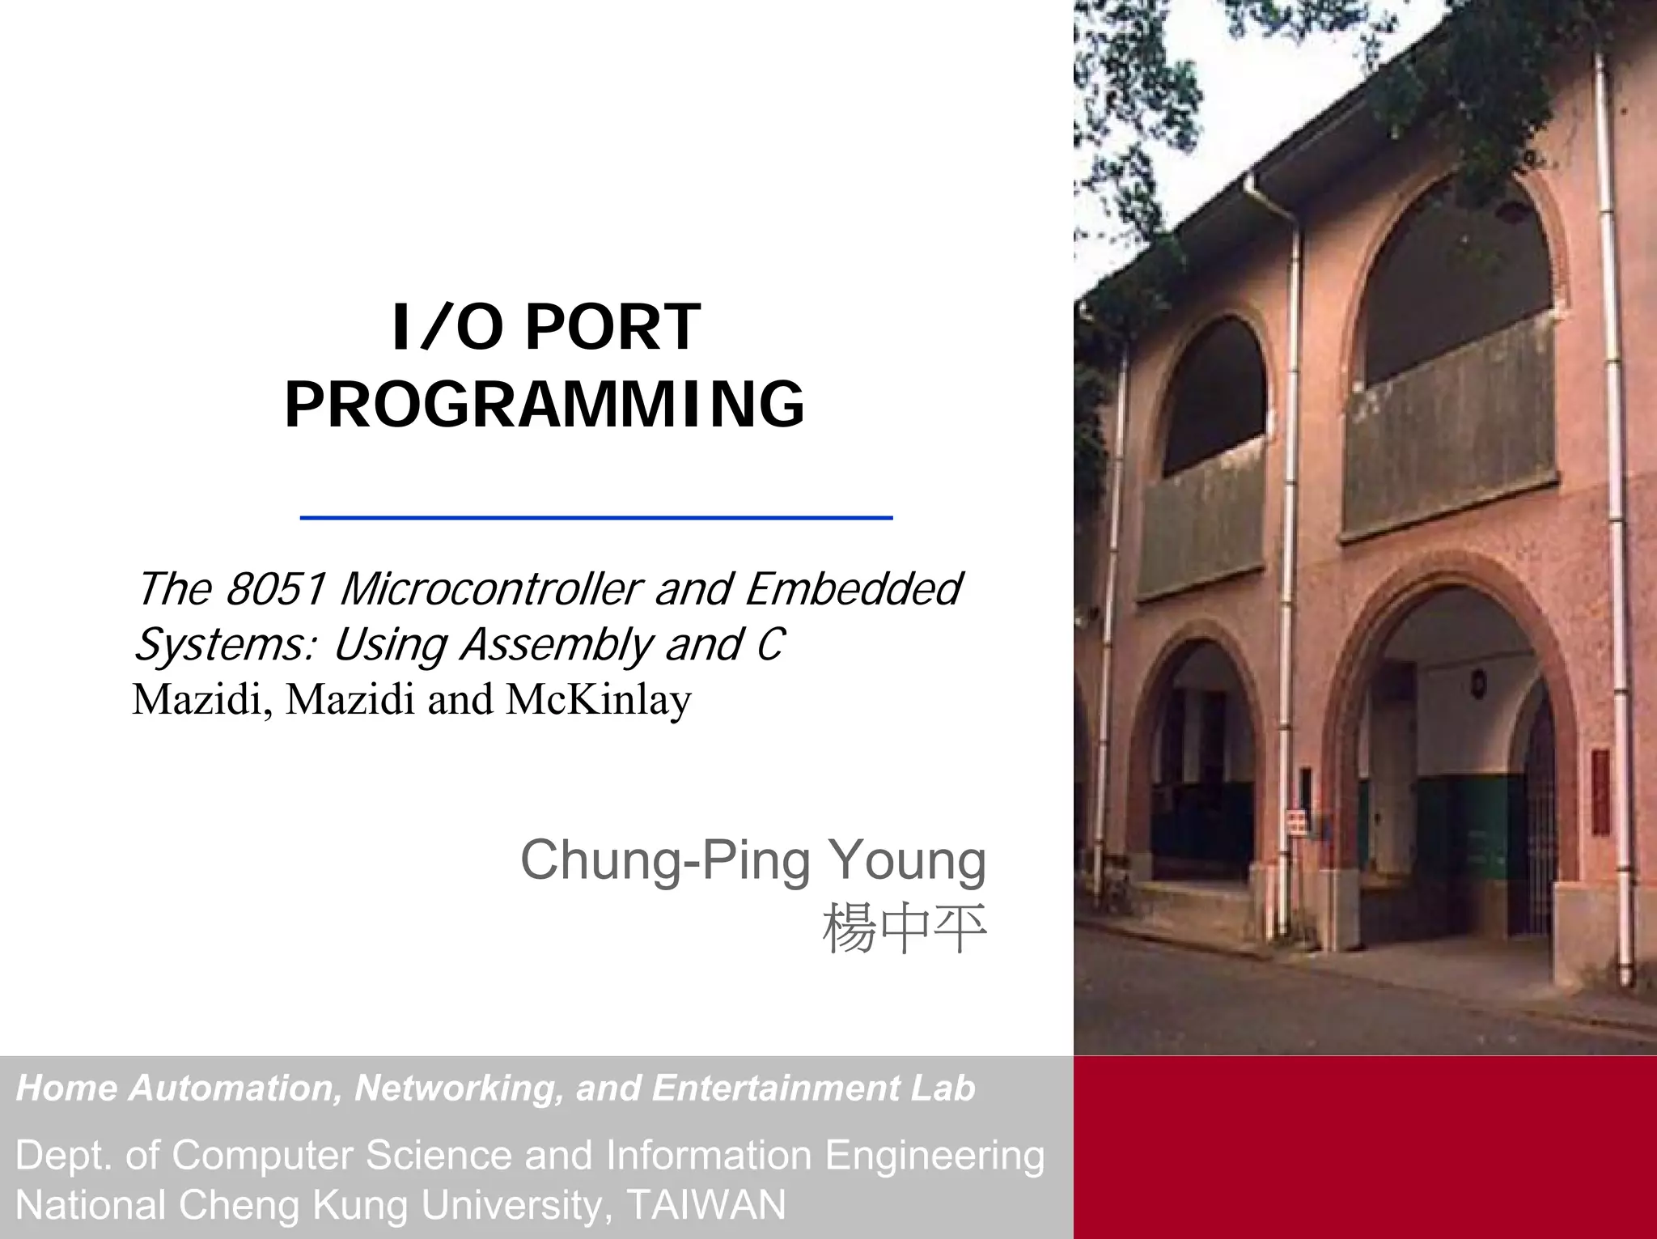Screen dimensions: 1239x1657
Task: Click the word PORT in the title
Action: (x=612, y=328)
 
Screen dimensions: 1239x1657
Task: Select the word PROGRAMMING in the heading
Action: (x=545, y=405)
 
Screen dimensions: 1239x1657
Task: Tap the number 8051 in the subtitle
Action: (x=275, y=588)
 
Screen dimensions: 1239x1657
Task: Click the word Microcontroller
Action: (x=491, y=588)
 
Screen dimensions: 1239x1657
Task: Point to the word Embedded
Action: (x=854, y=588)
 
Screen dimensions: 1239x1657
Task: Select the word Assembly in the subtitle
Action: (x=557, y=645)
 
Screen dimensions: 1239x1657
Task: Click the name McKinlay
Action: (x=599, y=699)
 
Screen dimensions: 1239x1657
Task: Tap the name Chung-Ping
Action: (x=665, y=860)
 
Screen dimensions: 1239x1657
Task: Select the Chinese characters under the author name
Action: (x=905, y=928)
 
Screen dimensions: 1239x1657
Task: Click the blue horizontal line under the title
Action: (x=596, y=517)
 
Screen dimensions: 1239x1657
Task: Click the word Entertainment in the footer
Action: (x=776, y=1088)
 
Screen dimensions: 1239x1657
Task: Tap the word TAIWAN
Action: (x=706, y=1205)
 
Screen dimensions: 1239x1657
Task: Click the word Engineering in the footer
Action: (x=934, y=1156)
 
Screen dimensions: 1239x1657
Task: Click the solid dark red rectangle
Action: (x=1365, y=1147)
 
